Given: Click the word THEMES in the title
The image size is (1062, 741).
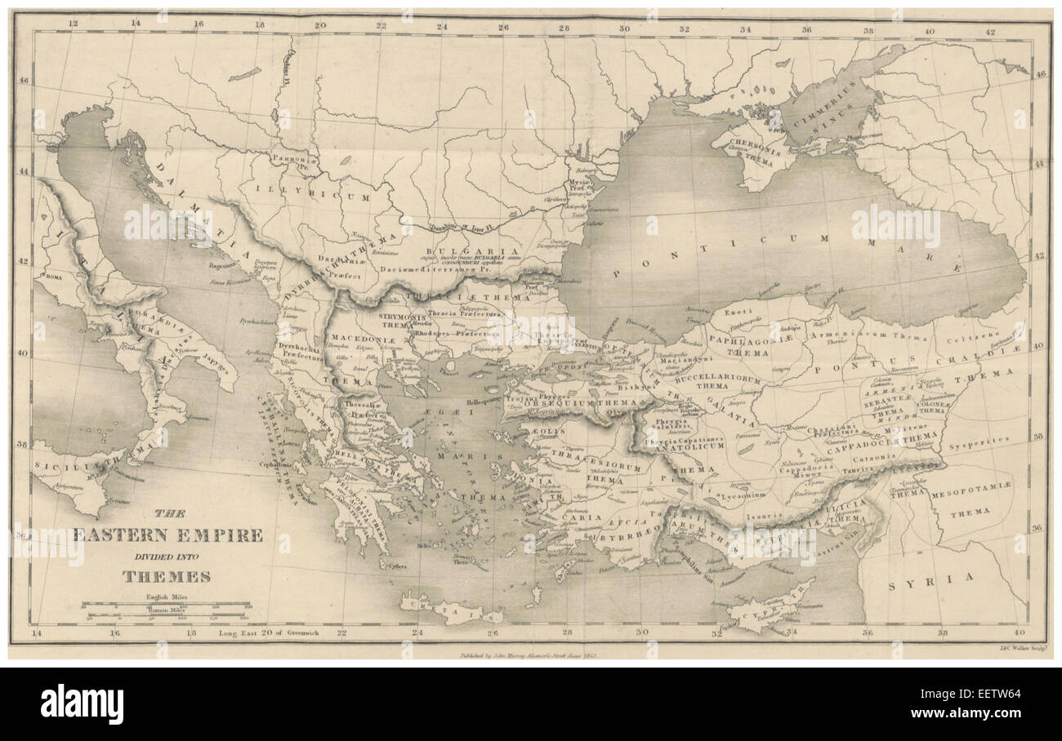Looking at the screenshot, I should [x=167, y=576].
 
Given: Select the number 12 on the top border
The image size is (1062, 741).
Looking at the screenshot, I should [x=73, y=24].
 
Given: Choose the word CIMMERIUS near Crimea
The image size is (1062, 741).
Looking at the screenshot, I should [x=821, y=112].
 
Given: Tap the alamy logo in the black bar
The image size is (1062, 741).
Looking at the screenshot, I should [x=82, y=704].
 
